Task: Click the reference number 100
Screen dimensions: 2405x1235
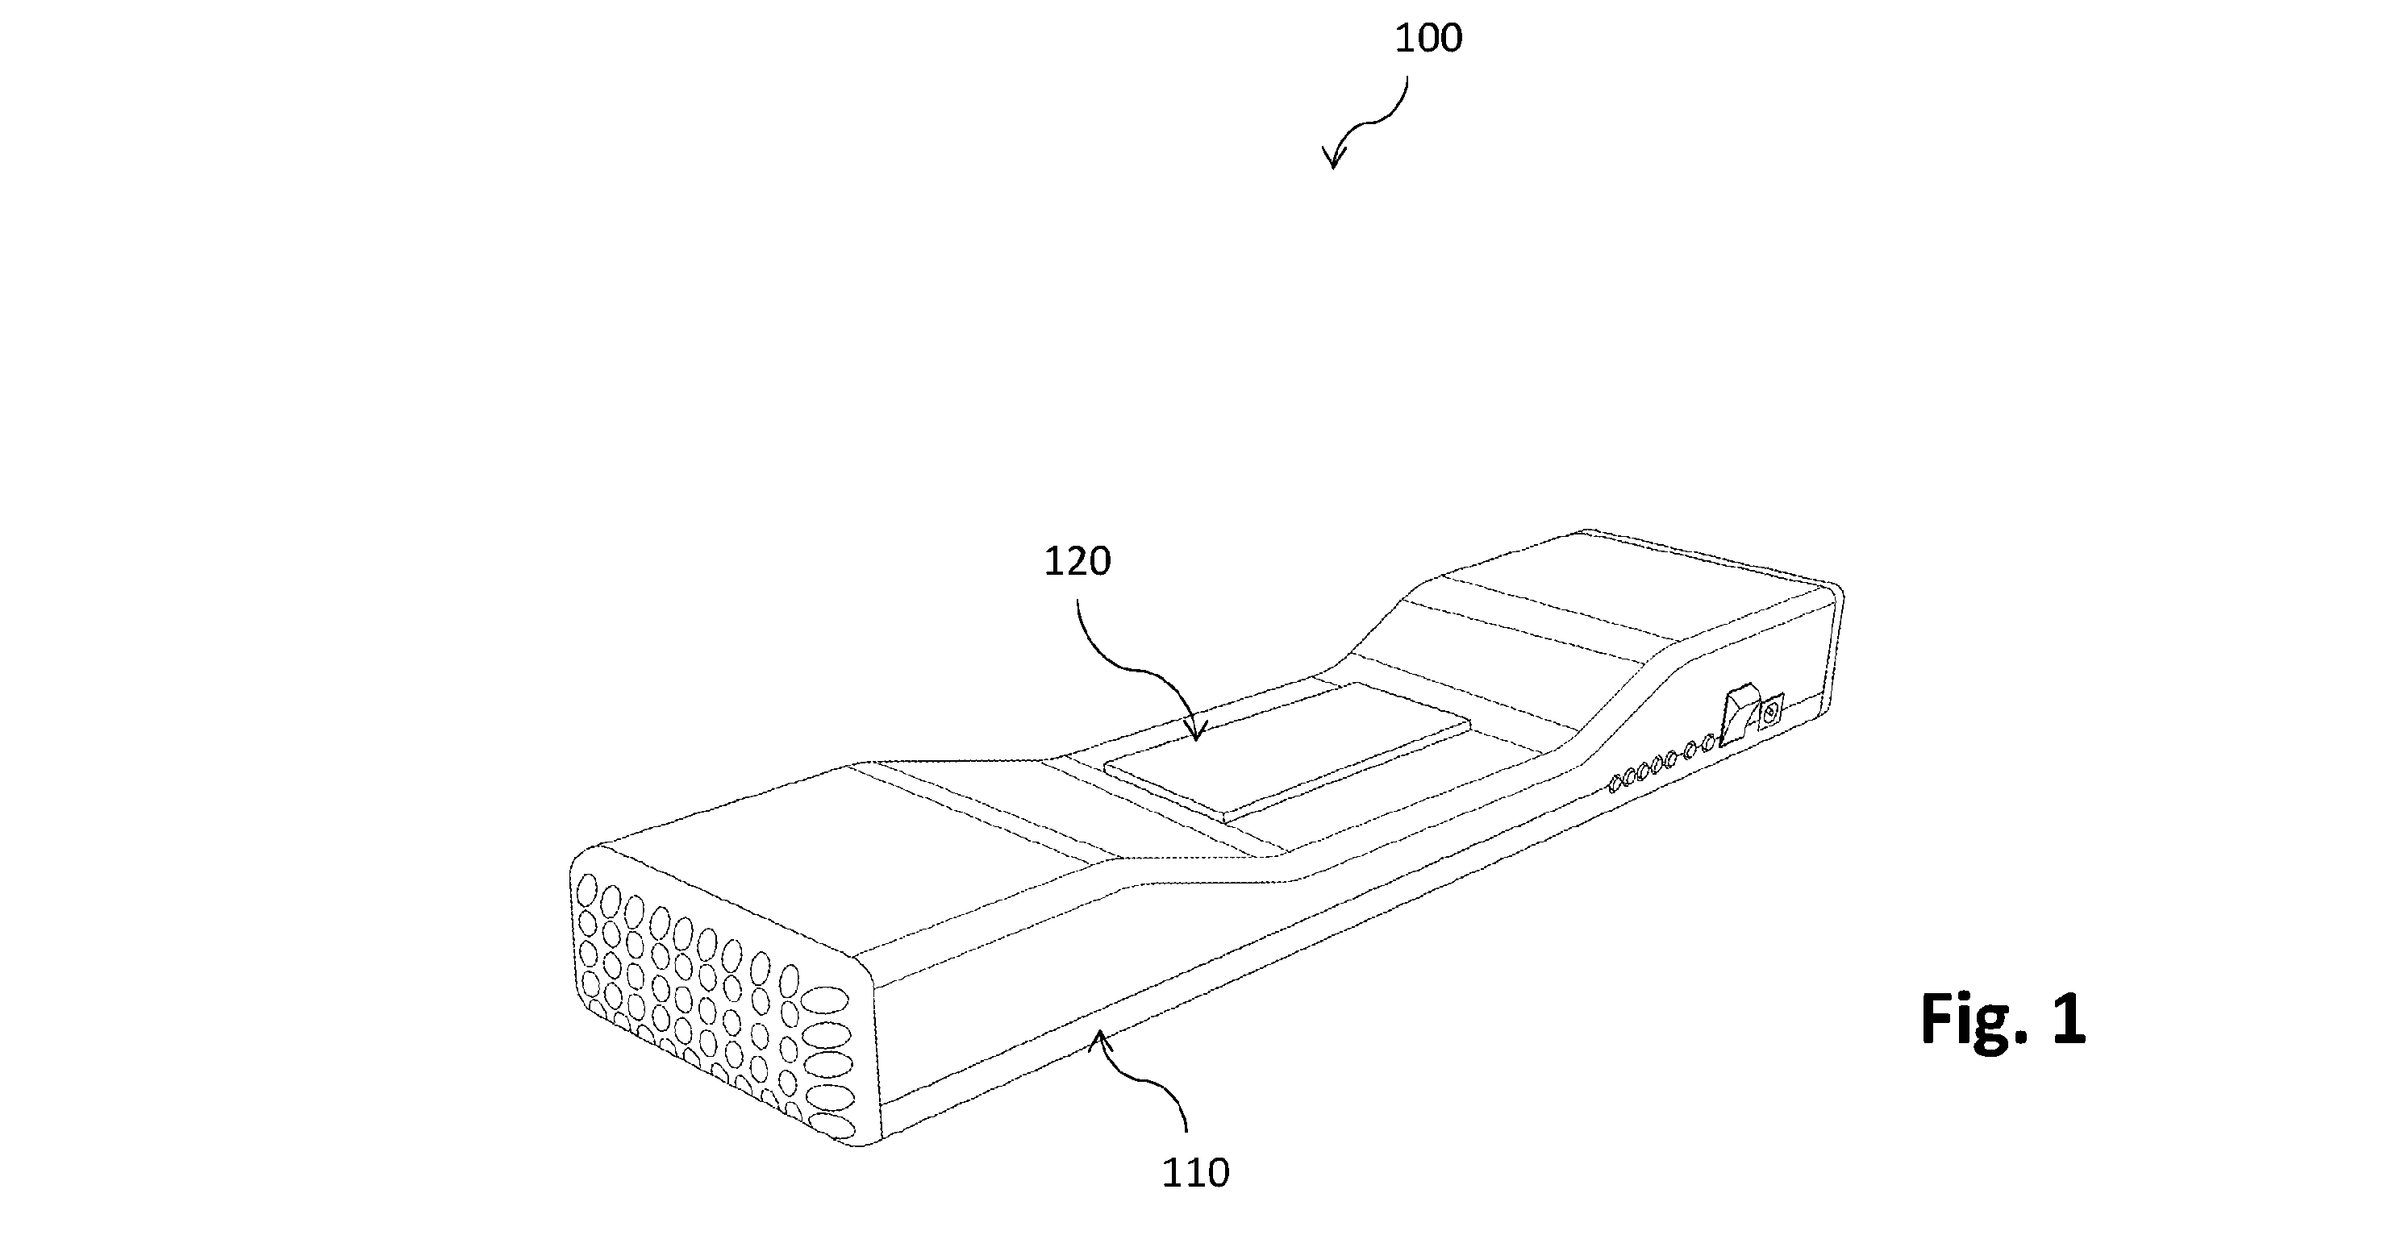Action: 1428,38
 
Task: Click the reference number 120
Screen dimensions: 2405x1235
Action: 1077,561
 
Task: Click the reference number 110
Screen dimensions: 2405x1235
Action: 1195,1172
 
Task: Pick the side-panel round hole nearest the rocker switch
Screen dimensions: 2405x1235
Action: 1707,744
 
